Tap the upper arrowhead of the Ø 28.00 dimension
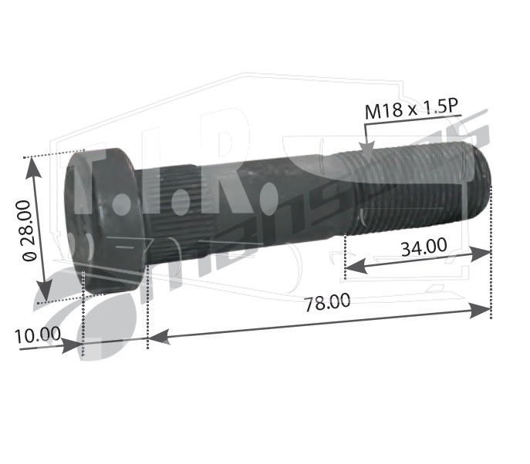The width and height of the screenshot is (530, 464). (x=33, y=166)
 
